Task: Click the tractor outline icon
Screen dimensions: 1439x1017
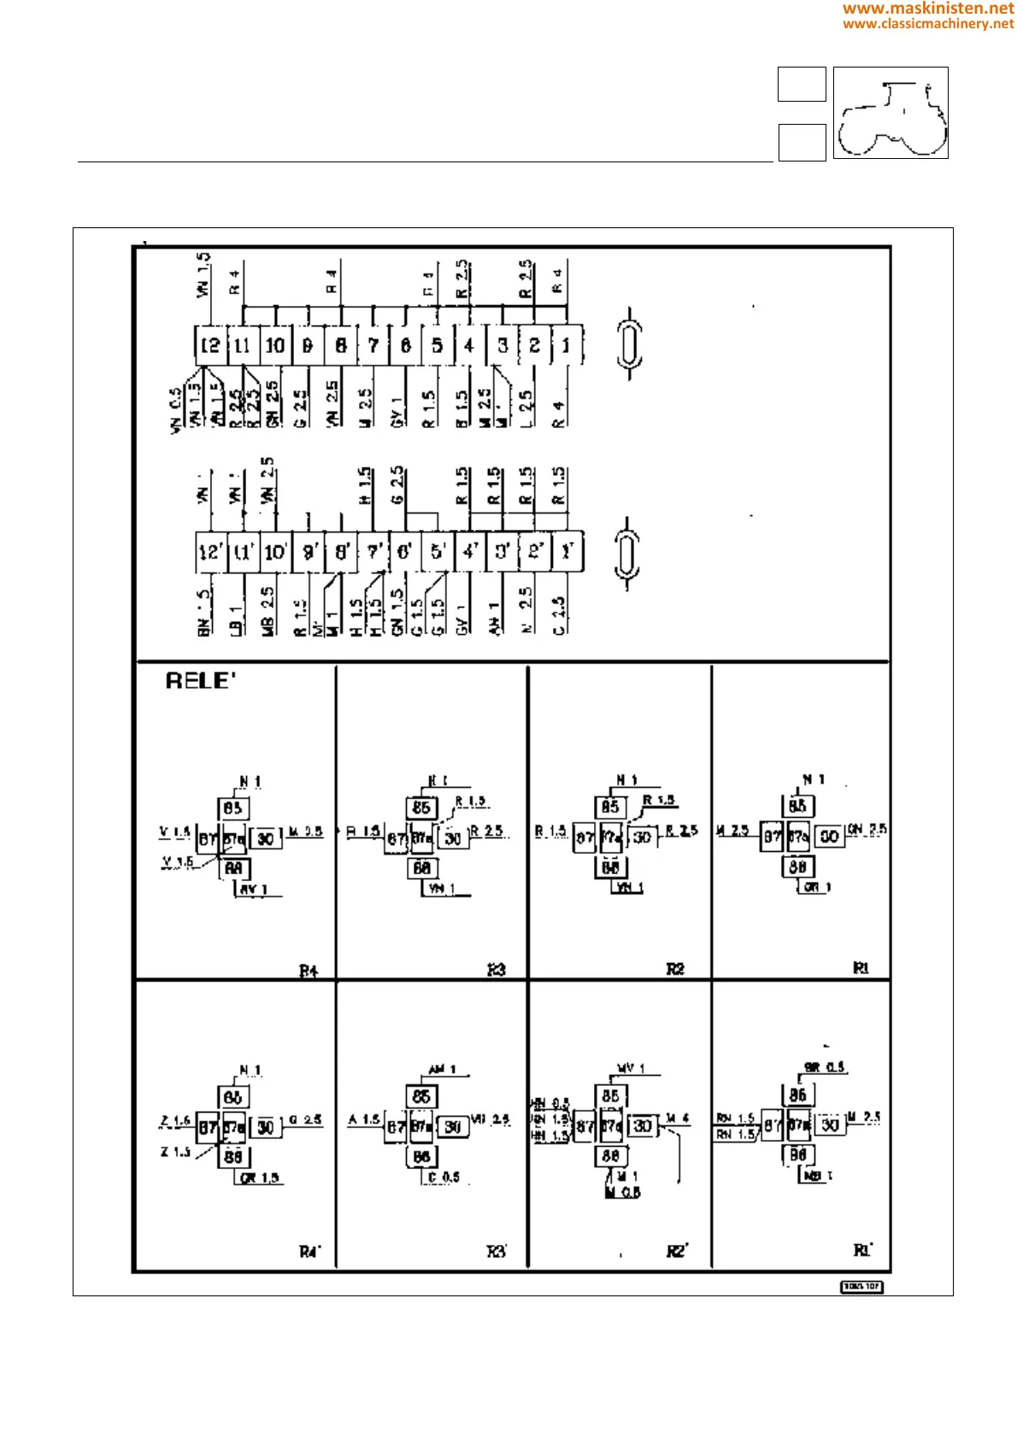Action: tap(891, 114)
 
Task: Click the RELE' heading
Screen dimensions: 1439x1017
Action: tap(200, 681)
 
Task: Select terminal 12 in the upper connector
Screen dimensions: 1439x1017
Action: tap(210, 345)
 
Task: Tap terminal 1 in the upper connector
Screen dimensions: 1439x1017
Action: tap(566, 345)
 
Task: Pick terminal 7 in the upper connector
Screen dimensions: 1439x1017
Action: tap(373, 345)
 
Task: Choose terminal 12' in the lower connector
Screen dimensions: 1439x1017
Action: tap(210, 552)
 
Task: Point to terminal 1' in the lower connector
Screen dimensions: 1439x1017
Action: tap(566, 552)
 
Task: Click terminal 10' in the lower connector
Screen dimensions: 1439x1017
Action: tap(275, 552)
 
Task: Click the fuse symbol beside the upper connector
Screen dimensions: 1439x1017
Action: tap(629, 344)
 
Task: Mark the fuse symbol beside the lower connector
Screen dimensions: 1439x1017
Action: tap(629, 553)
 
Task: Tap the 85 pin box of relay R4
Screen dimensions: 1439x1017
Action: tap(232, 808)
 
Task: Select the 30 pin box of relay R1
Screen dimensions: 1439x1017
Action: tap(829, 837)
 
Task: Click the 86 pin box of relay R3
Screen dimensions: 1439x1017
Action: tap(421, 868)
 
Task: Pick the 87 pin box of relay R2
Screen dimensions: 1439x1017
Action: tap(585, 838)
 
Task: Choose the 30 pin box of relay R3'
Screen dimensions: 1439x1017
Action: tap(453, 1127)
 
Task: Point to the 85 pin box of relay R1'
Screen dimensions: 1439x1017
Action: tap(797, 1095)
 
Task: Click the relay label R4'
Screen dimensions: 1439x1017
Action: tap(309, 1252)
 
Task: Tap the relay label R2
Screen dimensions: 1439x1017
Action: tap(675, 969)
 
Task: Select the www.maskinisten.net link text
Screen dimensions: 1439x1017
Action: tap(928, 9)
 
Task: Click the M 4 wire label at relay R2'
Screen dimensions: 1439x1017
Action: tap(678, 1119)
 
